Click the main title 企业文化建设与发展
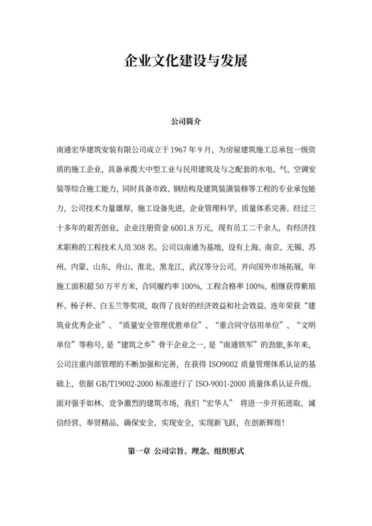186,62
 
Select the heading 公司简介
186,123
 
